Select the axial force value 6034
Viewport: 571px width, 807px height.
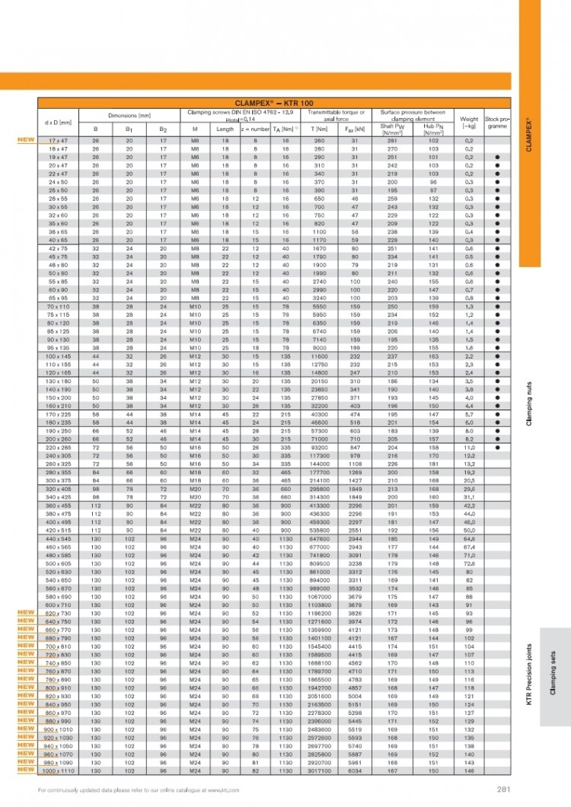[x=354, y=770]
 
